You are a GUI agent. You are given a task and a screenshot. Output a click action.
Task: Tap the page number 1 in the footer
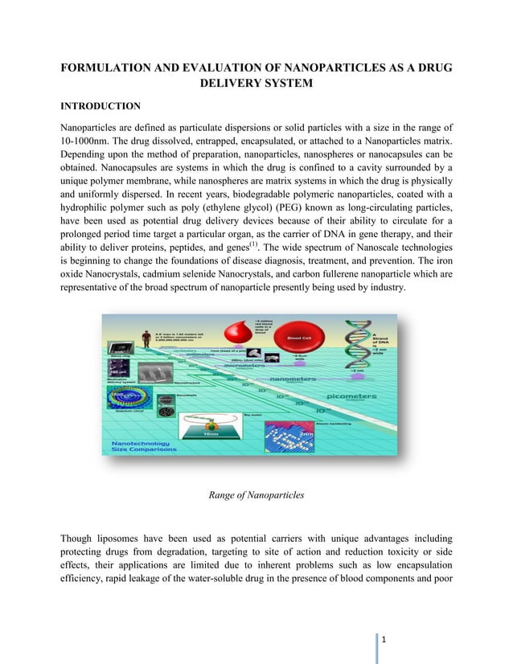coord(385,640)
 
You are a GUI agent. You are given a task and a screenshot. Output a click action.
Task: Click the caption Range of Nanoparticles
coord(256,495)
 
